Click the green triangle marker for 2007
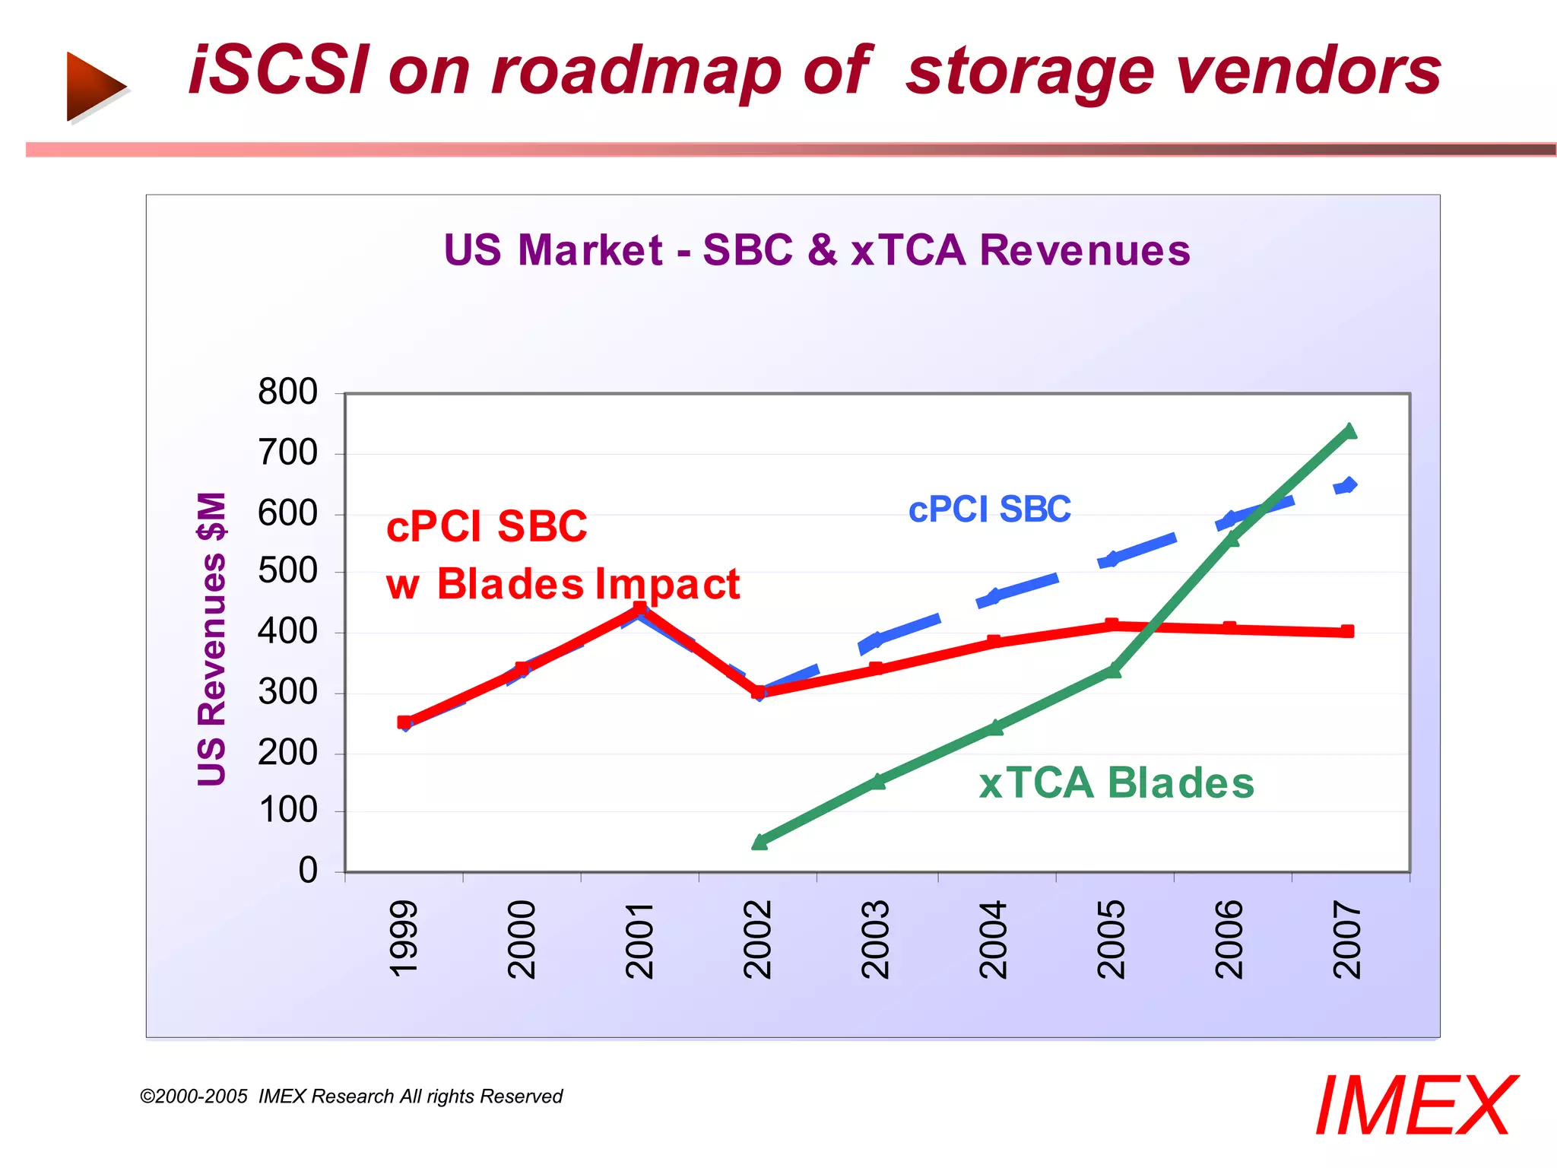coord(1349,431)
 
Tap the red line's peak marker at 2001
coord(640,608)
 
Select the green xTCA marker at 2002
coord(759,841)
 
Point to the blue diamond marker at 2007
coord(1349,485)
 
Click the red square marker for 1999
coord(404,722)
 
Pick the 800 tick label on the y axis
coord(287,392)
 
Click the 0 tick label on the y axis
coord(308,871)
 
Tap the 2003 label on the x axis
coord(876,939)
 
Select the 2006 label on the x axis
coord(1229,939)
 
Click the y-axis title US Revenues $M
coord(212,639)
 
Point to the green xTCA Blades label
coord(1116,783)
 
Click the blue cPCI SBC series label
coord(989,509)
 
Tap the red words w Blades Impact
coord(563,584)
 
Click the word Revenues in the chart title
coord(1084,250)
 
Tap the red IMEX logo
coord(1416,1106)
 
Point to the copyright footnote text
coord(351,1097)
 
